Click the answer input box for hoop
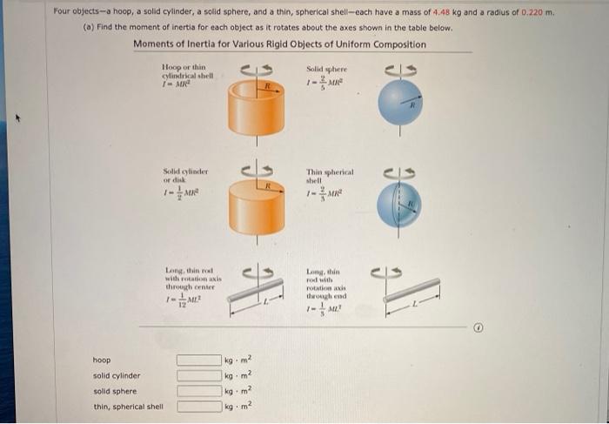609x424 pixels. pos(197,360)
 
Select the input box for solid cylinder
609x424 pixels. pos(197,376)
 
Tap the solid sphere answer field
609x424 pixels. pos(197,391)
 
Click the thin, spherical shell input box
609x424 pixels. pos(197,407)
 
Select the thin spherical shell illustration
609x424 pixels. pos(399,205)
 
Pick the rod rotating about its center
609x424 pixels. pos(256,295)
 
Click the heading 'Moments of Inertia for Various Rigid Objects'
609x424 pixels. pos(279,44)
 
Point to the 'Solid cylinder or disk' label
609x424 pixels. pos(184,176)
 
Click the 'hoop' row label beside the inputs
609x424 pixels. pos(102,360)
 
